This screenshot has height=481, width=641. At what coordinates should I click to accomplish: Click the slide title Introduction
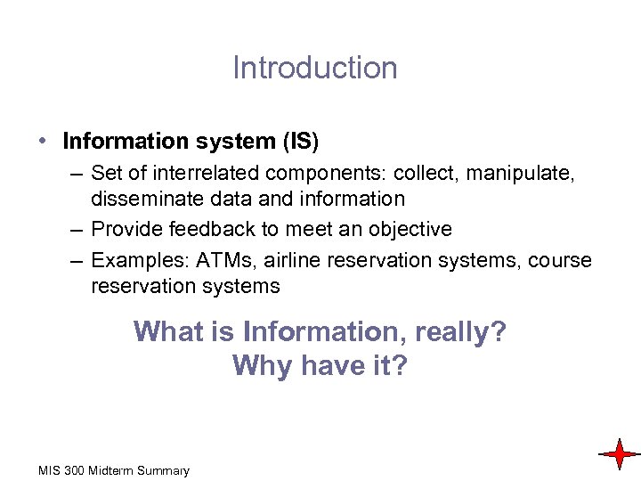315,68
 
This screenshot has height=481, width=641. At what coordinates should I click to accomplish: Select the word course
559,260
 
